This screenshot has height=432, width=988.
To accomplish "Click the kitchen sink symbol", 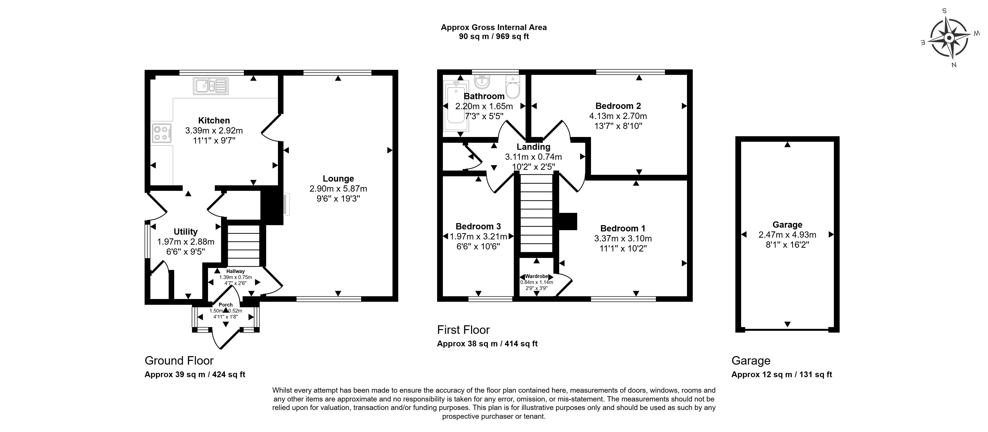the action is [x=211, y=86].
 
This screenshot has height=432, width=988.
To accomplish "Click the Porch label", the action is [x=226, y=305].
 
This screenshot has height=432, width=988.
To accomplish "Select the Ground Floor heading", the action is [x=179, y=361].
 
